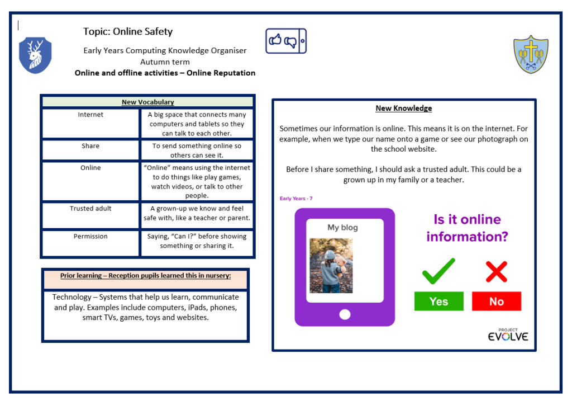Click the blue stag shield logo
[x=35, y=55]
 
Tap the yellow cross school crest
[x=531, y=55]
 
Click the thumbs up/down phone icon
[x=285, y=41]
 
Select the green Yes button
[x=438, y=302]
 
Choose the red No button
[x=496, y=302]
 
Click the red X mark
[x=496, y=271]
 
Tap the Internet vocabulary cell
[x=90, y=115]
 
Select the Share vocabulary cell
[x=90, y=146]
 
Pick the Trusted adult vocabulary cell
[x=90, y=209]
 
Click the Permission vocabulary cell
[x=90, y=237]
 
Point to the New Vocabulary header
[x=147, y=102]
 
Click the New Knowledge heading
[x=403, y=109]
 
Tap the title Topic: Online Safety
[x=128, y=32]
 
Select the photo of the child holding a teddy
[x=331, y=266]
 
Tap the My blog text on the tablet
[x=342, y=228]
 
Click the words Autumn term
[x=165, y=62]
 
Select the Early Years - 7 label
[x=296, y=199]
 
